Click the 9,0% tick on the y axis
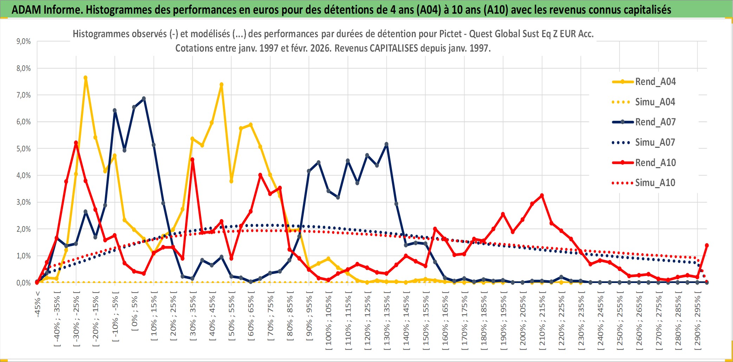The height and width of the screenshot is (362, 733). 24,41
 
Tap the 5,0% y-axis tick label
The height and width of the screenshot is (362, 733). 24,149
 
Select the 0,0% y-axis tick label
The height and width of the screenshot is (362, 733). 24,283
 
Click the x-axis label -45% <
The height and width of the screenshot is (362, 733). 38,304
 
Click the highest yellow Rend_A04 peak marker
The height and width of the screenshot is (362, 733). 85,78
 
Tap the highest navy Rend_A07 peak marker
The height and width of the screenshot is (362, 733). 144,99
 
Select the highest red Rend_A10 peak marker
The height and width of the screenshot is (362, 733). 76,143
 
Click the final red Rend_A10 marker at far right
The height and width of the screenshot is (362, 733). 707,245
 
